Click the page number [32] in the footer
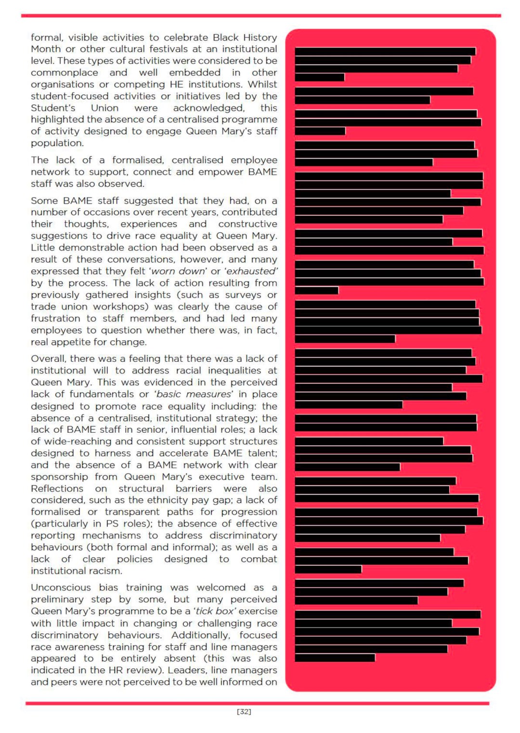pos(244,712)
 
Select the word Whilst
pos(262,84)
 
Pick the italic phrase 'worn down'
pos(178,271)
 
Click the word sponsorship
pos(59,477)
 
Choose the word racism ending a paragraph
pos(105,571)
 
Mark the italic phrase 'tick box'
pos(214,611)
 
